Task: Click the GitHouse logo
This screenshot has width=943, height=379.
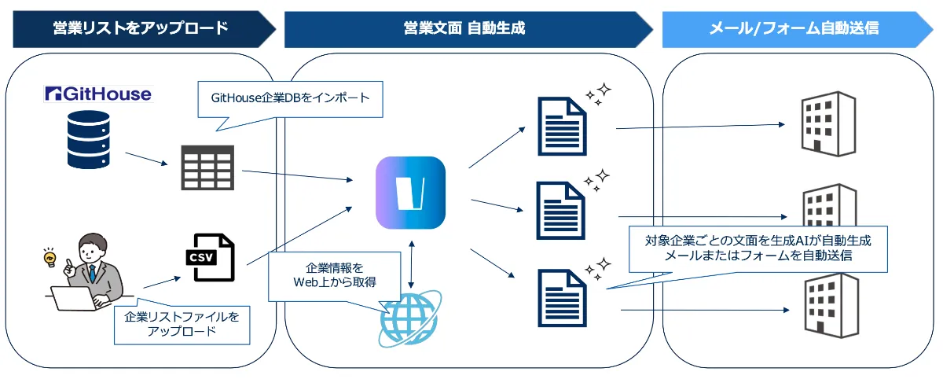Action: click(97, 94)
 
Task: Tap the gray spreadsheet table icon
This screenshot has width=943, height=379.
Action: click(207, 167)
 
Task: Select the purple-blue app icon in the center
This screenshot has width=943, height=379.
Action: click(410, 193)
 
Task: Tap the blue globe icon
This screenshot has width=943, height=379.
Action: click(410, 318)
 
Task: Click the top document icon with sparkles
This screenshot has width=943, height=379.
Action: click(562, 126)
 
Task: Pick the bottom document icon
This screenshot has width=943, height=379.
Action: click(562, 297)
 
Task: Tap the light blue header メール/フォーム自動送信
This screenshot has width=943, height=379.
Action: click(794, 28)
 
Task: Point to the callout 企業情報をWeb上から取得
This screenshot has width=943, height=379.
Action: click(334, 274)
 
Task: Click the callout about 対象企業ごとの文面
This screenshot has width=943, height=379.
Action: click(758, 247)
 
